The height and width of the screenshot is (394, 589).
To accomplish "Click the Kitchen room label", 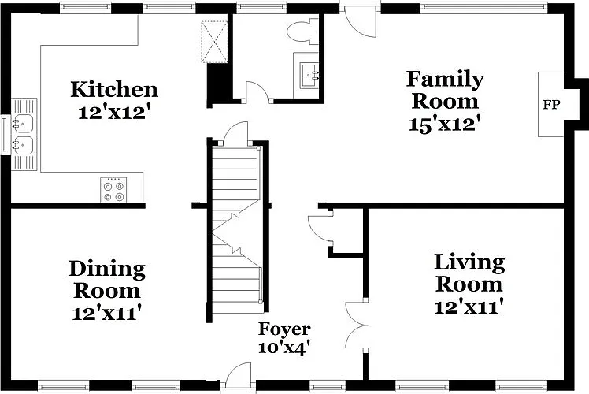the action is pos(114,90).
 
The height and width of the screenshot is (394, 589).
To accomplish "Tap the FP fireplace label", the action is pos(551,105).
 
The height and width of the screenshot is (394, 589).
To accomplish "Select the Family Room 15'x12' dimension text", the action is pos(445,124).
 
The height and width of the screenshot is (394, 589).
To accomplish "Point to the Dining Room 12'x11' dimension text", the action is pos(107,312).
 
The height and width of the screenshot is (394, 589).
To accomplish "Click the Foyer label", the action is pos(284,329).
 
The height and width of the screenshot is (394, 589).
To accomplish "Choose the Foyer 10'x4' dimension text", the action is pos(284,347).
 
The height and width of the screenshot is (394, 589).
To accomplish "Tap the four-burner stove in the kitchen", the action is pos(113,190).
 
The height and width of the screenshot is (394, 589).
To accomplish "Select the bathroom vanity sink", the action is pos(309,76).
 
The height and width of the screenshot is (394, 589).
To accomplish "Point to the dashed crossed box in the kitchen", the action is pos(214,41).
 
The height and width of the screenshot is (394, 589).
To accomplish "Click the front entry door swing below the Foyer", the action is pos(238,375).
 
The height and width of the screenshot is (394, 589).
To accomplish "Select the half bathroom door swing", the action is pos(257,91).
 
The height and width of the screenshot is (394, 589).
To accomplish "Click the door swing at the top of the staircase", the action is pos(236,133).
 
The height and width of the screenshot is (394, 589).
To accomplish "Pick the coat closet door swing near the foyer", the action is pos(319,229).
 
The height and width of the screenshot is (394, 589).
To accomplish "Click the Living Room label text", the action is pos(469,273).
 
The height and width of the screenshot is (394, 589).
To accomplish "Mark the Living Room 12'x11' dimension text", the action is pos(469,307).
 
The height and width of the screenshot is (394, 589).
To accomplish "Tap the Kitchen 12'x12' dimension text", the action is pos(115,112).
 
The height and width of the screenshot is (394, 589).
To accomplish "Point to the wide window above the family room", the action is pos(483,6).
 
